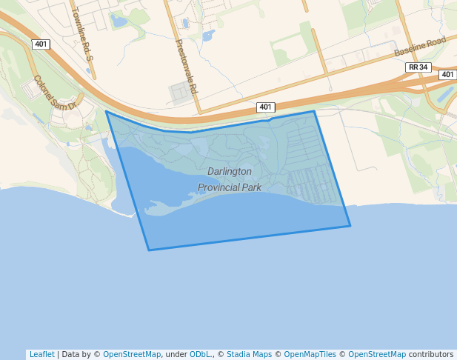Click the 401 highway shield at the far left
click(x=41, y=44)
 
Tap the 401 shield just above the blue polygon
click(x=266, y=107)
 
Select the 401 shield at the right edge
click(x=447, y=75)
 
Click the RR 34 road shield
click(x=418, y=67)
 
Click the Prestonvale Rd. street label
click(x=187, y=67)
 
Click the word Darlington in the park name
click(x=229, y=171)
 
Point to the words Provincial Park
click(x=230, y=187)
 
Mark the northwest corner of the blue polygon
click(x=107, y=112)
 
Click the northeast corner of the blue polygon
click(x=315, y=112)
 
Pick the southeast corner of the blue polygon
click(x=350, y=226)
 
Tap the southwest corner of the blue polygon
click(x=149, y=250)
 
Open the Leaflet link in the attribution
click(x=41, y=354)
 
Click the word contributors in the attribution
click(x=431, y=354)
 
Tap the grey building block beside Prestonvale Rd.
click(x=181, y=93)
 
